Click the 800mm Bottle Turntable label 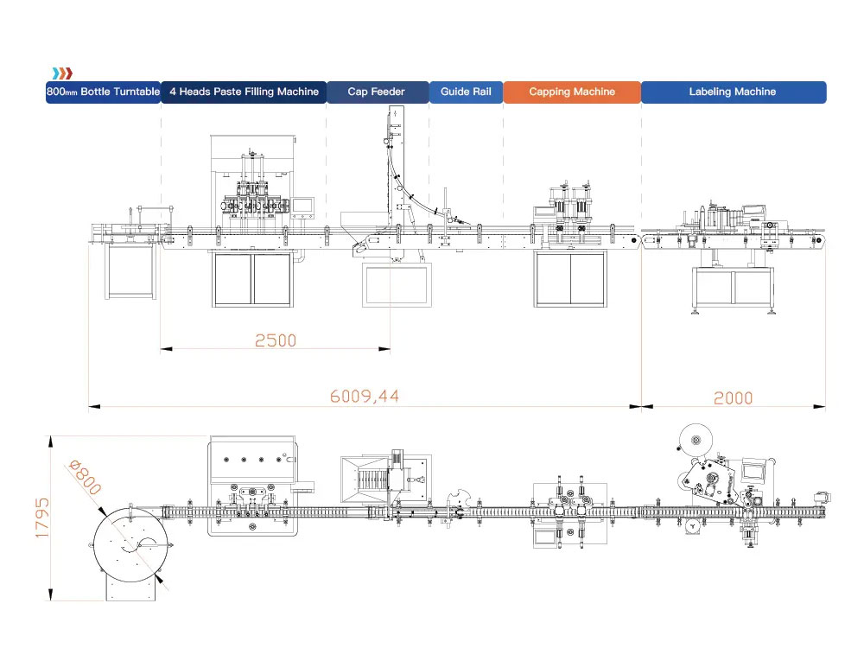click(x=103, y=92)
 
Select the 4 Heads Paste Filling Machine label click(x=244, y=92)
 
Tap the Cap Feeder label click(x=377, y=92)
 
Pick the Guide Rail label click(x=466, y=92)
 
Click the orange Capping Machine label click(x=572, y=92)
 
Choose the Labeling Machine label click(x=733, y=92)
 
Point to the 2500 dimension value click(x=275, y=340)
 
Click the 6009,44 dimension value click(x=365, y=397)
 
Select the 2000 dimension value click(x=733, y=397)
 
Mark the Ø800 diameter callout click(x=83, y=477)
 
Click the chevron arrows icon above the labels click(x=61, y=73)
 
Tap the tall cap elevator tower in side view click(x=396, y=164)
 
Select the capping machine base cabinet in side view click(x=570, y=279)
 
